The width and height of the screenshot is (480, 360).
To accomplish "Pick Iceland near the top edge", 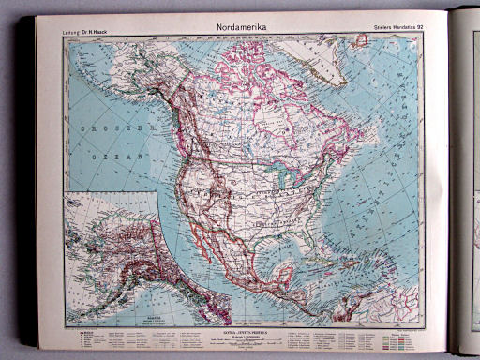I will click(x=357, y=41).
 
